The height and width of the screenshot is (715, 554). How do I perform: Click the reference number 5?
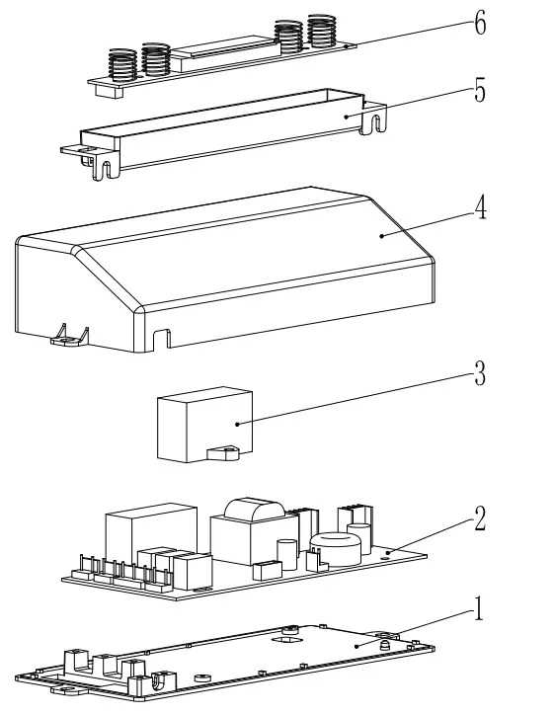coord(480,91)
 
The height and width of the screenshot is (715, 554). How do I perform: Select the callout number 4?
coord(481,210)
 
